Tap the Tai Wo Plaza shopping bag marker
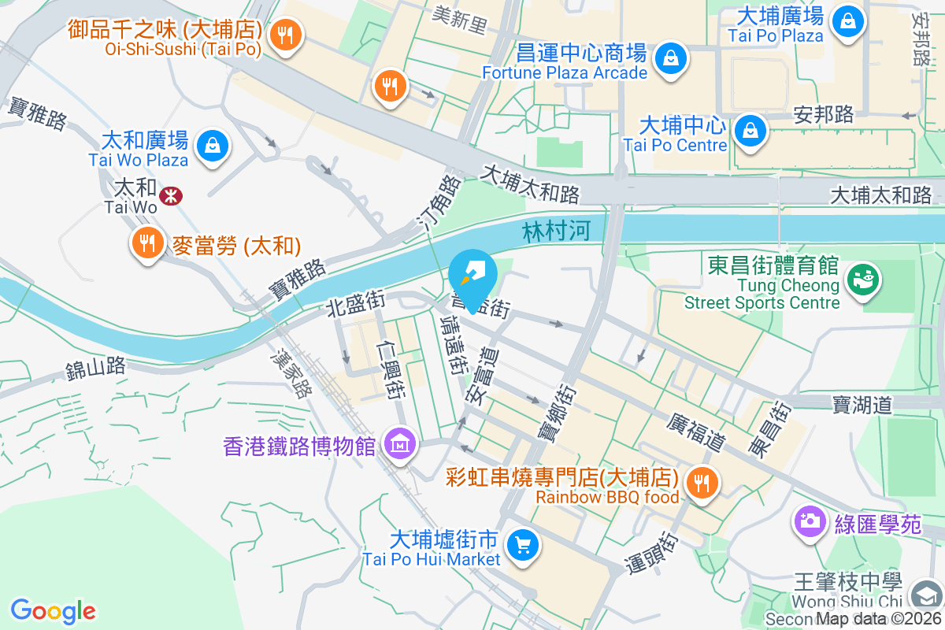213,146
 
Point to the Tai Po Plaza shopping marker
848,20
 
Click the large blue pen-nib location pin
472,276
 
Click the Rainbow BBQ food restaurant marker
700,483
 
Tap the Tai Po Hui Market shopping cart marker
522,545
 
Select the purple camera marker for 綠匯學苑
809,521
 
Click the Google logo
53,611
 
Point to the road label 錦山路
96,367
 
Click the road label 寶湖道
862,405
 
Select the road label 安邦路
824,114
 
